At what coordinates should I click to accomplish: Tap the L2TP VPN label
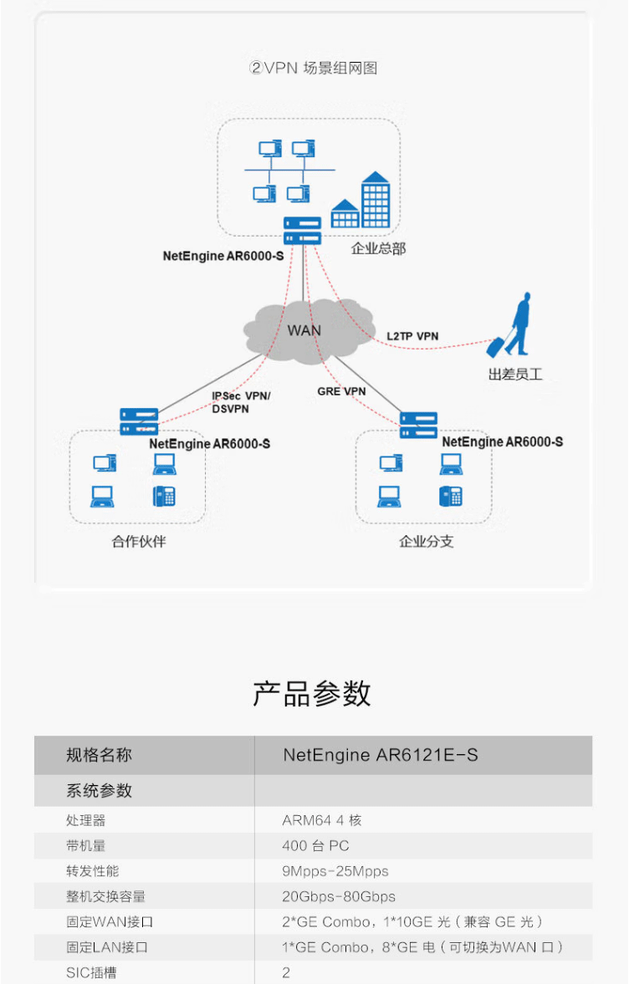(x=412, y=336)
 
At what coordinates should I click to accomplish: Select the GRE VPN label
(x=341, y=391)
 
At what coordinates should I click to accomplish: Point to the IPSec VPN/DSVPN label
(x=241, y=402)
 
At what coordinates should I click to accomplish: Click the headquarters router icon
(x=302, y=230)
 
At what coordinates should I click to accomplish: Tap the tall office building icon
(x=376, y=199)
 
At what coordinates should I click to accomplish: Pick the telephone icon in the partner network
(x=164, y=497)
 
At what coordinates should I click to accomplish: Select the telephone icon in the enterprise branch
(x=450, y=497)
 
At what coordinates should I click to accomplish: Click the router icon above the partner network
(x=139, y=421)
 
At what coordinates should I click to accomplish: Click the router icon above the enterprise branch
(x=418, y=425)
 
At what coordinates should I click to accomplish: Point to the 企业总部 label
(x=378, y=248)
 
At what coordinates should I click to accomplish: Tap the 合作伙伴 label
(x=139, y=542)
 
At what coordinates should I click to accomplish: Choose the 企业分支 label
(x=427, y=542)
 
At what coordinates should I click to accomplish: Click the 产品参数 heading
(x=312, y=693)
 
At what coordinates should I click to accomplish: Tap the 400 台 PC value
(x=315, y=846)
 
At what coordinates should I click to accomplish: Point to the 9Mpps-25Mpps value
(x=335, y=871)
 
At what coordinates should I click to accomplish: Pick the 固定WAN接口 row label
(x=110, y=922)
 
